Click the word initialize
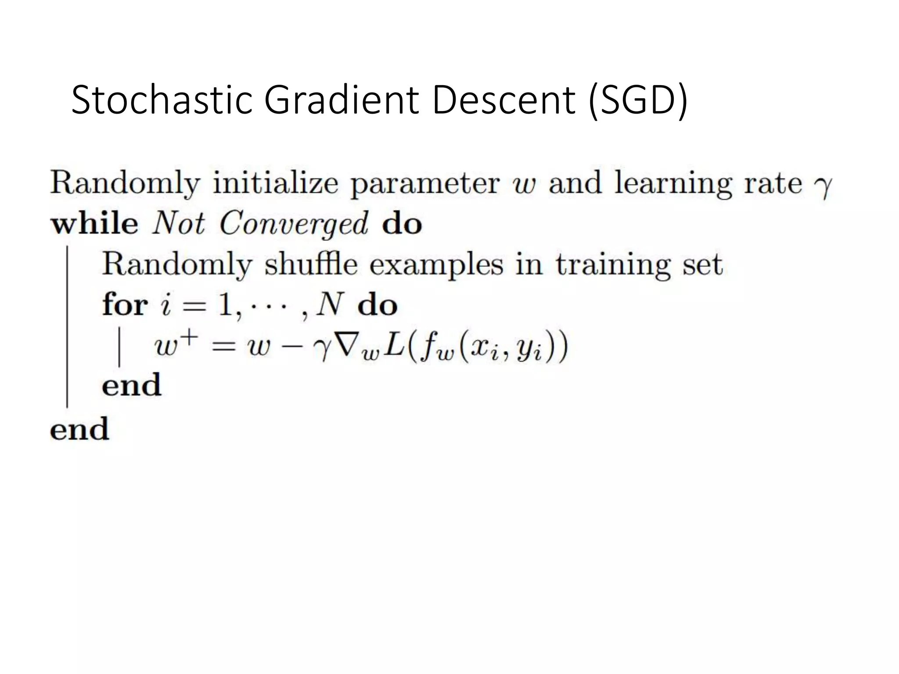276,184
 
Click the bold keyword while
95,224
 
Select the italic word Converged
294,225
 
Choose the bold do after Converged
402,224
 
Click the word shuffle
311,265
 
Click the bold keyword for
125,305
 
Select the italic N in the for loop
329,305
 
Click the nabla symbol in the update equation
351,347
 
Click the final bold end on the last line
79,429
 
